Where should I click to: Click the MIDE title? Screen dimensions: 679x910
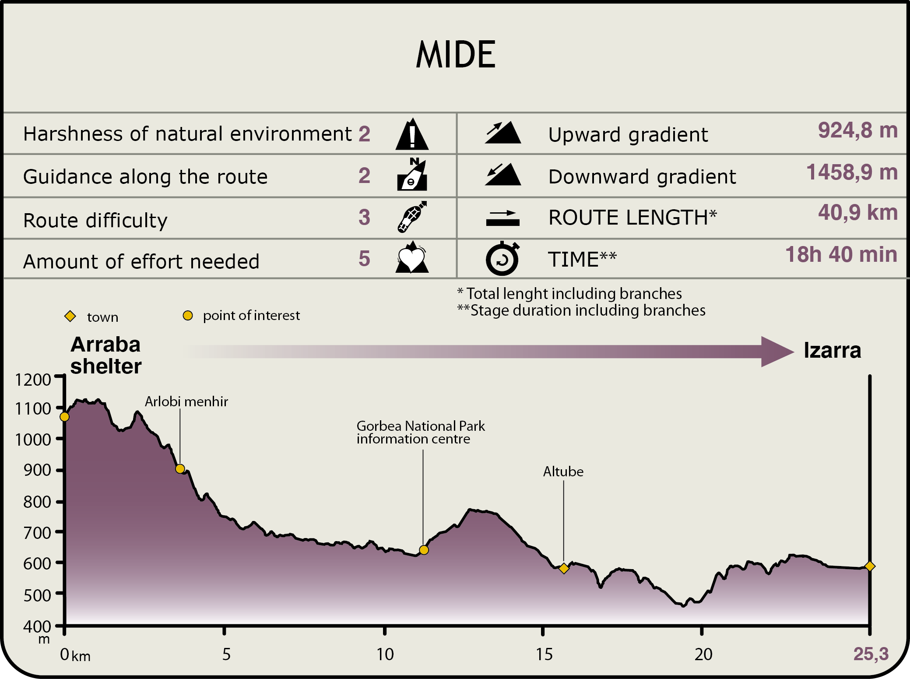pos(456,55)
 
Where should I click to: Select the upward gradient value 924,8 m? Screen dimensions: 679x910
pos(857,130)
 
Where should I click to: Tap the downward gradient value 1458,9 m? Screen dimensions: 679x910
pos(852,172)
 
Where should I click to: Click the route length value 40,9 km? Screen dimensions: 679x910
pos(857,213)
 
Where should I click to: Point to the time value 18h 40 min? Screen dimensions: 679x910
pos(841,255)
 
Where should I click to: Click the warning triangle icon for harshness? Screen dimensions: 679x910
pos(412,135)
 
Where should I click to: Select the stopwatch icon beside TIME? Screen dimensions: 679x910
pos(502,259)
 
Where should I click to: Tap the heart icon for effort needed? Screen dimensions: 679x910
pos(412,258)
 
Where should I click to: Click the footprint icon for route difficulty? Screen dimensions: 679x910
pos(412,217)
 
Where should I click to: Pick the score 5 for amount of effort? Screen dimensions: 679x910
pos(364,259)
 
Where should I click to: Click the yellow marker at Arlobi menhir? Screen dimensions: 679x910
pos(180,469)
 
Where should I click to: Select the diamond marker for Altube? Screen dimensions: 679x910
pos(564,568)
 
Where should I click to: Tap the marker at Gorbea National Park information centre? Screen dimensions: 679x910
pos(423,550)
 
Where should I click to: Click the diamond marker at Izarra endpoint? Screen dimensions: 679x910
pos(870,566)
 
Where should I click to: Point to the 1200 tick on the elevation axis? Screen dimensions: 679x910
pos(33,380)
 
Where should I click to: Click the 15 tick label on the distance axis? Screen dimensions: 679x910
pos(544,654)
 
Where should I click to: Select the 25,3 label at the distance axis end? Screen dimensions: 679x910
pos(871,654)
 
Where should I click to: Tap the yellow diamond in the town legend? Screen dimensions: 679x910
pos(70,316)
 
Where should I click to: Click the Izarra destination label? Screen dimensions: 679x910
pos(832,351)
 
